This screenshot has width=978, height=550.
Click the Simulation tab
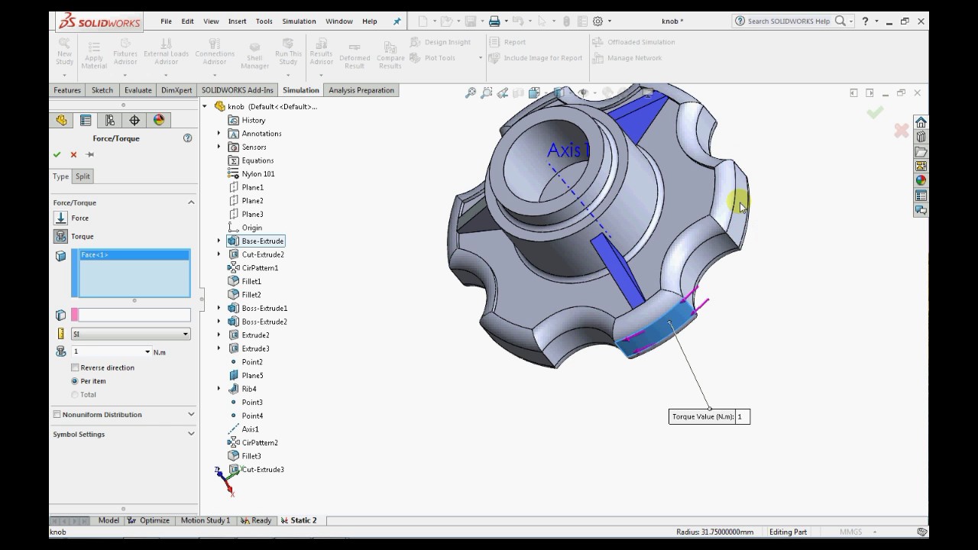(x=300, y=90)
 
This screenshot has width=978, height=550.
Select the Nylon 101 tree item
(x=257, y=174)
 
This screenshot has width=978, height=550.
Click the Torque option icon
(x=61, y=237)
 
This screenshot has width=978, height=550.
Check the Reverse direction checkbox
(x=75, y=367)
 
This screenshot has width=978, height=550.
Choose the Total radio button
(x=75, y=395)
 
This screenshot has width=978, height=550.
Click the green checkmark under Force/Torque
(x=57, y=154)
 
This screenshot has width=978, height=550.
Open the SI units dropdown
(x=131, y=334)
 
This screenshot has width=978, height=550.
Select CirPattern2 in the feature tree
(x=259, y=443)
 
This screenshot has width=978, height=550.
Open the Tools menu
(x=264, y=21)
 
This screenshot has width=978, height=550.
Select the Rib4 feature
(x=248, y=389)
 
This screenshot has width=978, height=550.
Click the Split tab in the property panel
(x=83, y=176)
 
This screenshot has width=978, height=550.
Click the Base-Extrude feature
(x=262, y=241)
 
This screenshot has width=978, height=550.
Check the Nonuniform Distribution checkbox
(x=57, y=414)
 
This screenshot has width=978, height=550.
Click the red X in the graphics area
(x=902, y=131)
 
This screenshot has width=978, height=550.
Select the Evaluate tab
(x=138, y=90)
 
